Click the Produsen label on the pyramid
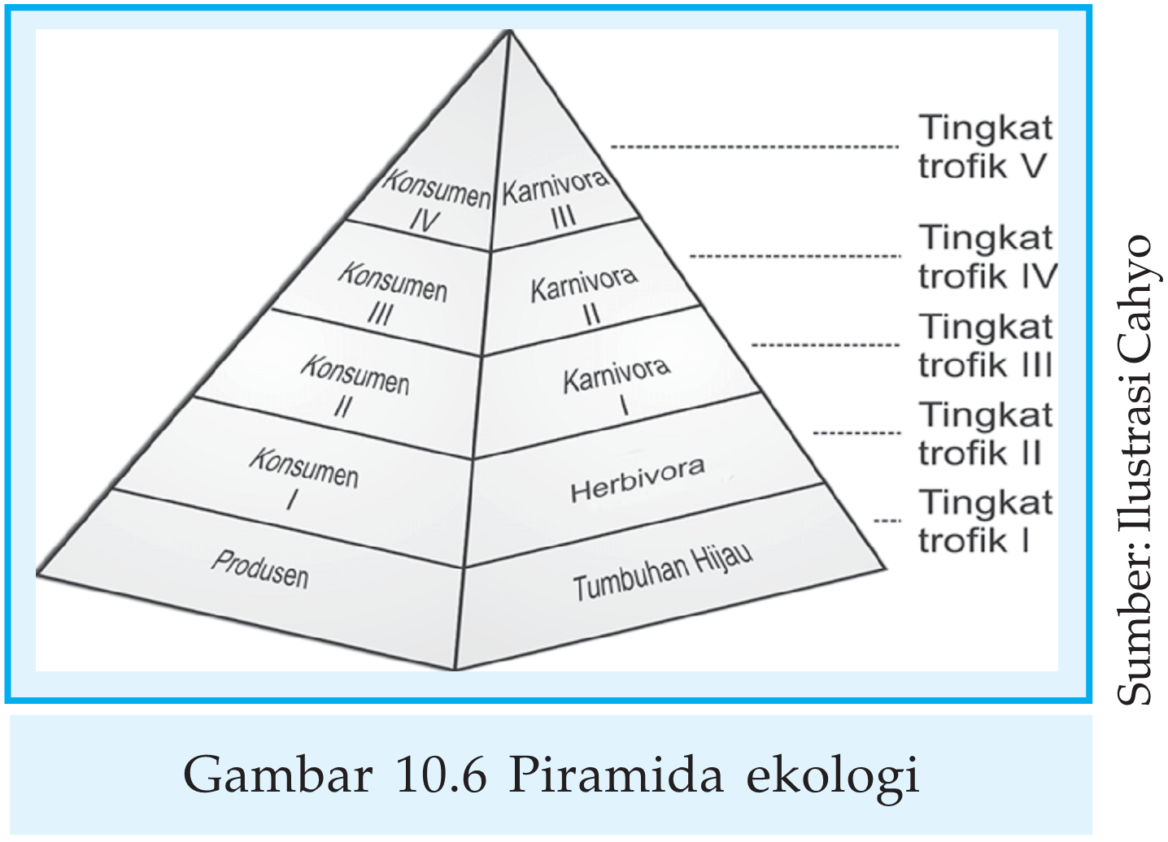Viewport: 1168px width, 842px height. point(260,569)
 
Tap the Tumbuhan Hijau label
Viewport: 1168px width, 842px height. point(662,573)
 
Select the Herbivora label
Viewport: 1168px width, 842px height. point(637,480)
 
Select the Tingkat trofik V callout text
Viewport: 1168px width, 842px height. point(985,147)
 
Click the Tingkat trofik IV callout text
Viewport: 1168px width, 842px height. point(987,257)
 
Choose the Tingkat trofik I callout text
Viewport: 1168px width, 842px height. point(985,521)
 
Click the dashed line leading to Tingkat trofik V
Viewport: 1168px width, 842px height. point(754,147)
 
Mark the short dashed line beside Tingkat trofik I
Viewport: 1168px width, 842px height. point(887,521)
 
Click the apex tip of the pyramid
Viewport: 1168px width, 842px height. point(509,32)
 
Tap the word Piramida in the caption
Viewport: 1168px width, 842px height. point(616,775)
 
